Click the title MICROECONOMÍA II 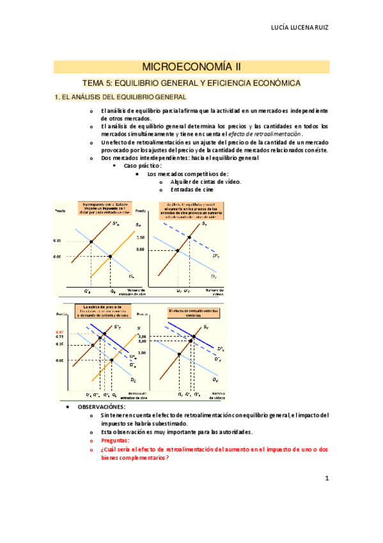pyautogui.click(x=191, y=67)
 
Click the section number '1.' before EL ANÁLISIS pyautogui.click(x=57, y=97)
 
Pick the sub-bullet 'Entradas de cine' pyautogui.click(x=192, y=190)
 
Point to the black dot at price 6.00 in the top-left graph pyautogui.click(x=111, y=256)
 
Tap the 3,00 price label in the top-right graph pyautogui.click(x=159, y=250)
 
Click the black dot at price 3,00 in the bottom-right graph pyautogui.click(x=179, y=353)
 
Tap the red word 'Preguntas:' pyautogui.click(x=115, y=441)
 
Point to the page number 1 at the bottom pyautogui.click(x=326, y=478)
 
